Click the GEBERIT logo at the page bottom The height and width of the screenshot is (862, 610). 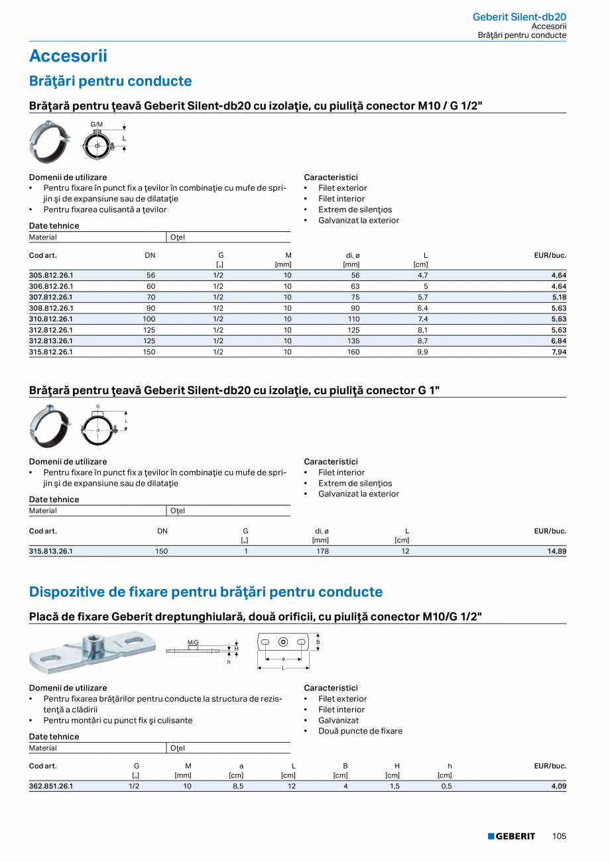tap(511, 836)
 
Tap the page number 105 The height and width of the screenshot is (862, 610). tap(559, 836)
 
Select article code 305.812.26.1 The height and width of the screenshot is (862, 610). tap(51, 275)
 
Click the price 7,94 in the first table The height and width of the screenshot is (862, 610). tap(559, 352)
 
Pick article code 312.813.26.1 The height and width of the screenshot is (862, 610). tap(51, 341)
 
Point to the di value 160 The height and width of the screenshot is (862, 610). tap(353, 352)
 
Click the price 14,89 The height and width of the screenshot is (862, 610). tap(557, 551)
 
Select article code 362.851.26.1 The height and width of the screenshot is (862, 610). tap(51, 786)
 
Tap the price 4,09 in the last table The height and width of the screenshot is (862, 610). tap(559, 786)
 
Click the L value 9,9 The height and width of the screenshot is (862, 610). tap(422, 352)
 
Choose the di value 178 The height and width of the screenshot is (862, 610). tap(323, 551)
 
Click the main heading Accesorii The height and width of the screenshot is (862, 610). tap(68, 56)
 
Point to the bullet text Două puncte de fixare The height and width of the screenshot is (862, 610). tap(360, 731)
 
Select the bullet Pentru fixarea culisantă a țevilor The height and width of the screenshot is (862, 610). tap(105, 209)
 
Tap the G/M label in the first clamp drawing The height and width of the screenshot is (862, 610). tap(97, 125)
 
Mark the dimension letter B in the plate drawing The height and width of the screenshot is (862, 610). tap(318, 642)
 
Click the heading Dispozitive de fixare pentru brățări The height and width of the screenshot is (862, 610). tap(206, 592)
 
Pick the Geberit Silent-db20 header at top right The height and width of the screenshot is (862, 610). tap(519, 17)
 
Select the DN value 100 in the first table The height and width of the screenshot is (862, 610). tap(149, 319)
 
